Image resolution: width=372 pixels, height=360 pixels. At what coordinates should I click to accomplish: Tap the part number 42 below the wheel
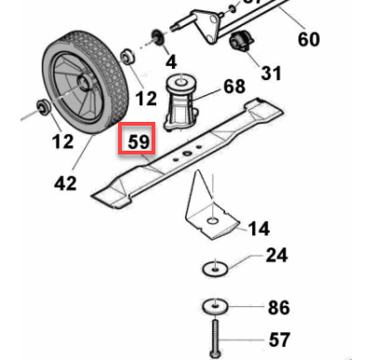65,183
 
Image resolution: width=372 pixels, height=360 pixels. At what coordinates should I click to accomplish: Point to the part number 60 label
308,40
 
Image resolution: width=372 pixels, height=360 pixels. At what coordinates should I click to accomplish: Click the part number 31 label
270,72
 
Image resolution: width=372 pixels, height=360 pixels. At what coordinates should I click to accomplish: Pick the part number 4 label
169,62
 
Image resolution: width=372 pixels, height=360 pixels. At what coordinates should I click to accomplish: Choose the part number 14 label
259,227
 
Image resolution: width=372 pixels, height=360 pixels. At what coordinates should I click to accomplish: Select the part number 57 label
277,340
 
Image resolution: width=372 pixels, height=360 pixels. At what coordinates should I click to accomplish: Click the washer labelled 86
213,307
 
